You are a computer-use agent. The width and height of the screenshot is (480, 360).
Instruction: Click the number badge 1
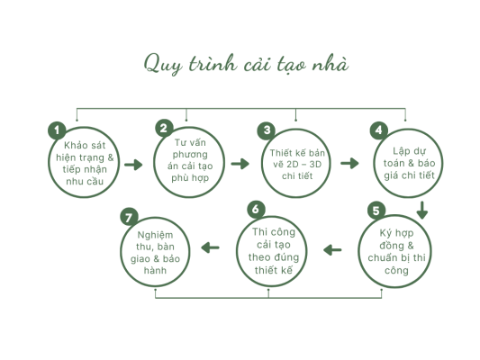pyautogui.click(x=57, y=130)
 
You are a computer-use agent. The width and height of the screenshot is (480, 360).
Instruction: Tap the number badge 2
pyautogui.click(x=165, y=128)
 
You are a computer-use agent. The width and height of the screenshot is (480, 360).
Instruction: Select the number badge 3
pyautogui.click(x=267, y=130)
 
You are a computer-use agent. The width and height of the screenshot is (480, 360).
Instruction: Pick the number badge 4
pyautogui.click(x=379, y=130)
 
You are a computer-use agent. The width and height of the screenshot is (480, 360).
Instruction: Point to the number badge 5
pyautogui.click(x=376, y=211)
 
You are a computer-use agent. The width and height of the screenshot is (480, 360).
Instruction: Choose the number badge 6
pyautogui.click(x=256, y=210)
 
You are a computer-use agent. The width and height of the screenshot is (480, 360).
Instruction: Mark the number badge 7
pyautogui.click(x=129, y=218)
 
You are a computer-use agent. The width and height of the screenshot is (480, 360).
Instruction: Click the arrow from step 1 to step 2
pyautogui.click(x=133, y=165)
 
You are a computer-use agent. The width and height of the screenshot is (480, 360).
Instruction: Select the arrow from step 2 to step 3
pyautogui.click(x=240, y=164)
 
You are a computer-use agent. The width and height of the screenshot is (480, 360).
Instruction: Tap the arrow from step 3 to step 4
pyautogui.click(x=349, y=163)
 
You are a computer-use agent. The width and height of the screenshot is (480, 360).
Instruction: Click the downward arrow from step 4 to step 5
pyautogui.click(x=422, y=210)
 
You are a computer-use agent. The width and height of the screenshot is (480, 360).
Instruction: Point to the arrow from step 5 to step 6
pyautogui.click(x=332, y=250)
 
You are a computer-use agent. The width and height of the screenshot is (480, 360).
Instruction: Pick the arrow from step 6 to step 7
pyautogui.click(x=211, y=247)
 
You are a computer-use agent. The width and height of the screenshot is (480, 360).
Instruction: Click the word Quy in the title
pyautogui.click(x=162, y=64)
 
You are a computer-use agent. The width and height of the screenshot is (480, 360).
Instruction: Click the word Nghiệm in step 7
pyautogui.click(x=155, y=235)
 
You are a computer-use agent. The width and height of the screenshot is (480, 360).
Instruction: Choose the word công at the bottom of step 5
pyautogui.click(x=396, y=271)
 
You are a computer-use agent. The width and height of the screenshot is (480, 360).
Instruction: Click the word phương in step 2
pyautogui.click(x=190, y=155)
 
